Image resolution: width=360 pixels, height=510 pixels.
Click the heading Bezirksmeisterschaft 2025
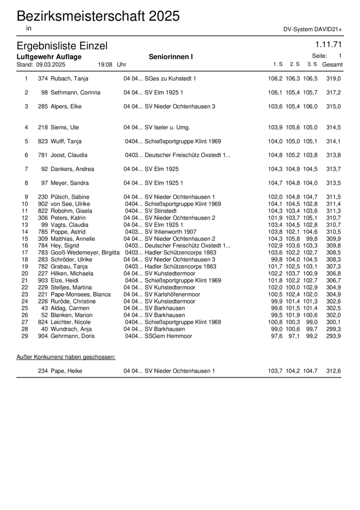(x=98, y=17)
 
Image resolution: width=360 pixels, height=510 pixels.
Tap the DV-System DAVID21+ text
(x=313, y=29)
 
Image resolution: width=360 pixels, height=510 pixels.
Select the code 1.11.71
(x=328, y=45)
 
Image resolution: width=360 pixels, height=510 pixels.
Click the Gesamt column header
(x=332, y=64)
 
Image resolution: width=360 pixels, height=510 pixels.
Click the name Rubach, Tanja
(x=69, y=78)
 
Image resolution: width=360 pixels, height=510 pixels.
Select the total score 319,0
(x=334, y=78)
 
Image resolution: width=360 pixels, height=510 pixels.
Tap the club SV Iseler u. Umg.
(x=167, y=127)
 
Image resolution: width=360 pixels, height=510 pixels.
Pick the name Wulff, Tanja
(x=66, y=141)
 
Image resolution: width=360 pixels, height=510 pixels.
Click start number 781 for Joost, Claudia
(x=42, y=155)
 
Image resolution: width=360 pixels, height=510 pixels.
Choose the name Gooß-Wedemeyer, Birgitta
(x=85, y=253)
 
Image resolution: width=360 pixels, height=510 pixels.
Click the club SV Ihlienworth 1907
(x=170, y=232)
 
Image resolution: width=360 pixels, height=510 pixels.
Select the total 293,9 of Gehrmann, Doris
(x=334, y=336)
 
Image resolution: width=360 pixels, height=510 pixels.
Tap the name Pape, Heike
(x=66, y=371)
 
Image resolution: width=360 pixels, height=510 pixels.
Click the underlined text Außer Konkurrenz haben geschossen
(x=66, y=357)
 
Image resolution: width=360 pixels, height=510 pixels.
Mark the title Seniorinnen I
(x=171, y=57)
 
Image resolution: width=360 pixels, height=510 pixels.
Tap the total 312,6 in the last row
(x=334, y=371)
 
